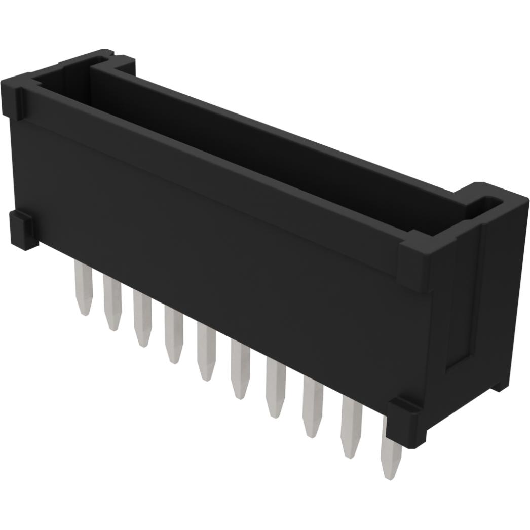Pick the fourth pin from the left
coord(173,336)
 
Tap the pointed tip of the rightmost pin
coord(390,474)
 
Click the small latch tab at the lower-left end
coord(23,231)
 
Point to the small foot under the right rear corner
coord(502,385)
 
